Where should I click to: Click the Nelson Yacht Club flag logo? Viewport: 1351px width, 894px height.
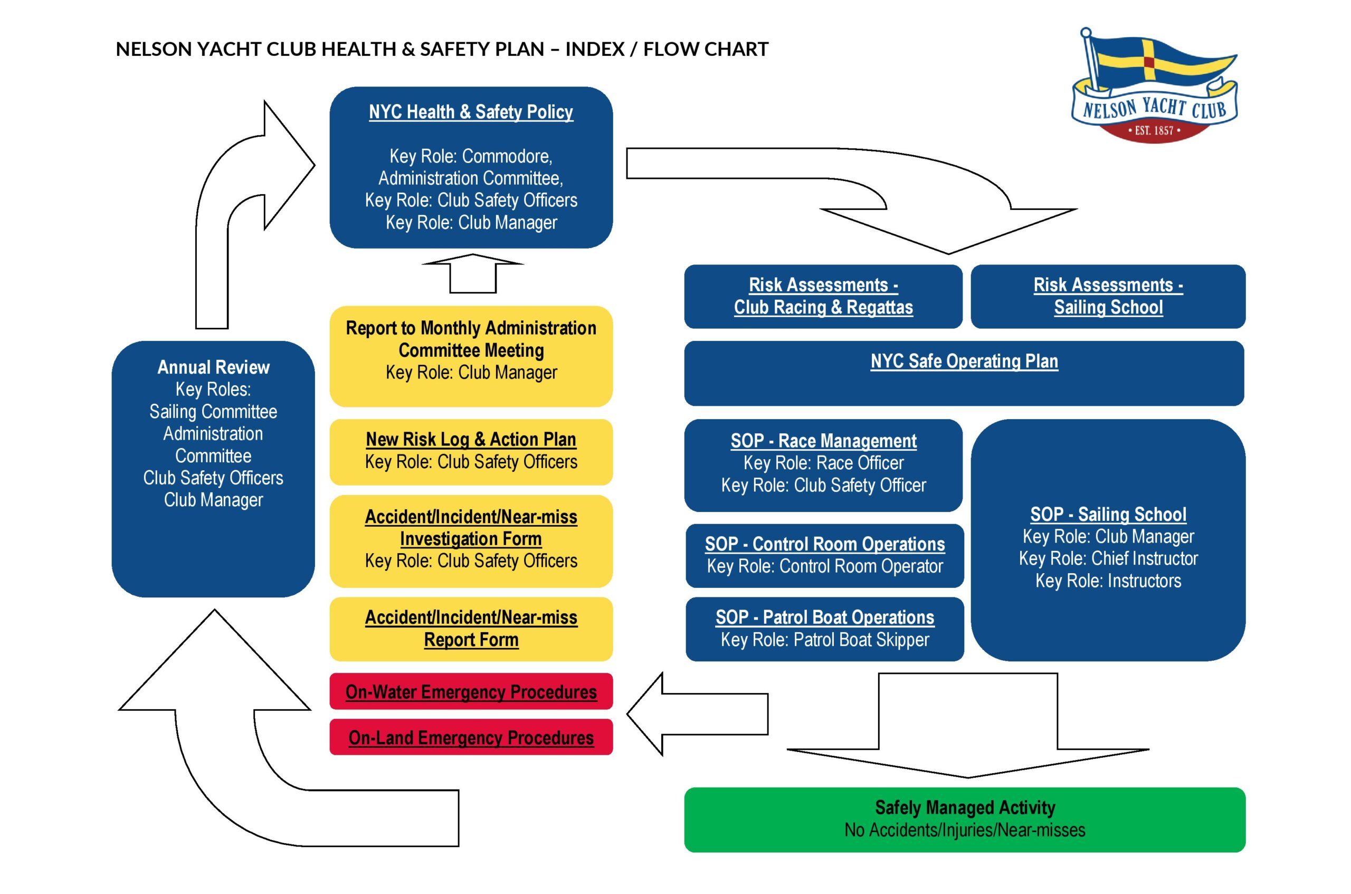point(1154,85)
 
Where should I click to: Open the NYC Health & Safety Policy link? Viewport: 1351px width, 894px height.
point(471,112)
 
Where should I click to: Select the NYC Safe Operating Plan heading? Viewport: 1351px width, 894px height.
point(964,362)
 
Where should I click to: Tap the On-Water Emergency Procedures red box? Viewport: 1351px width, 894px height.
point(471,691)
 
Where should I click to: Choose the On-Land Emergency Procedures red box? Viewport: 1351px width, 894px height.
point(471,737)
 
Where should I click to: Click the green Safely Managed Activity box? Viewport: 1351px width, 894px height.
point(965,819)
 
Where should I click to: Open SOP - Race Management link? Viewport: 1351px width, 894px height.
point(823,441)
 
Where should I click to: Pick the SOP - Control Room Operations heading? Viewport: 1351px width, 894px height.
point(824,544)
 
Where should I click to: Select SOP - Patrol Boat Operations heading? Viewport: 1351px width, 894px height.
point(824,617)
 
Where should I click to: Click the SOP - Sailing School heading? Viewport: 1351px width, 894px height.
point(1108,514)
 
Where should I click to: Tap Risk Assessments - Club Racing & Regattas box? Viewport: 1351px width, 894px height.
point(823,297)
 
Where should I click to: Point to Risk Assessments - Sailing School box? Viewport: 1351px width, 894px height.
point(1108,297)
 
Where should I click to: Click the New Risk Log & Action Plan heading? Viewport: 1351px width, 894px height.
point(471,440)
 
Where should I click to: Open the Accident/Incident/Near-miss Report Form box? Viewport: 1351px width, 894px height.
point(471,629)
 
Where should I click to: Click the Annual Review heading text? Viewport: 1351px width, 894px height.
point(213,367)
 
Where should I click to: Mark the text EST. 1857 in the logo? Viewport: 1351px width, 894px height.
point(1154,130)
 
